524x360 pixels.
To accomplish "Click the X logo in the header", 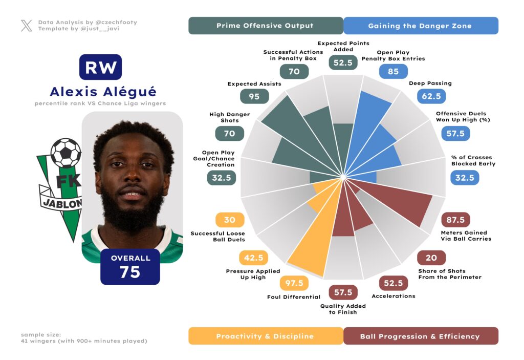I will click(x=27, y=26).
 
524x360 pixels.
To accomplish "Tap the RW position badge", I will click(x=100, y=67).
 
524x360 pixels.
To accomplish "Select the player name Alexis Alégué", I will click(x=103, y=92).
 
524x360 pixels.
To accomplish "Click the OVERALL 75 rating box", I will click(x=130, y=266).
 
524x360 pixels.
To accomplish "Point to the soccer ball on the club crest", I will click(x=65, y=152).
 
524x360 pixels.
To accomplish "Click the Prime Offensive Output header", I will click(x=265, y=26).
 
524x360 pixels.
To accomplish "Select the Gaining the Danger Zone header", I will click(x=420, y=26).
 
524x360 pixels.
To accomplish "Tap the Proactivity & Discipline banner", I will click(x=265, y=336).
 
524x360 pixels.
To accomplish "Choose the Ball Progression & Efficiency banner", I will click(x=420, y=336).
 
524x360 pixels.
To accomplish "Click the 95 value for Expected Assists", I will click(x=254, y=96).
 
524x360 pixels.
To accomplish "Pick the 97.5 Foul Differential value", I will click(x=294, y=283).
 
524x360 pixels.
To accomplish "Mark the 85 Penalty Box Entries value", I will click(x=393, y=71).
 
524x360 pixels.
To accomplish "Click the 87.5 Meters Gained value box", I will click(x=455, y=220).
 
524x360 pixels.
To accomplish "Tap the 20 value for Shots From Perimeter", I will click(x=431, y=258).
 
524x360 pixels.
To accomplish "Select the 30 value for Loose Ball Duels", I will click(x=230, y=220).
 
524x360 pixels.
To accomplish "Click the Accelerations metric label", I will click(x=394, y=296).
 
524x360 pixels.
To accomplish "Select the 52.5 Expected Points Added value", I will click(x=343, y=62).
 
